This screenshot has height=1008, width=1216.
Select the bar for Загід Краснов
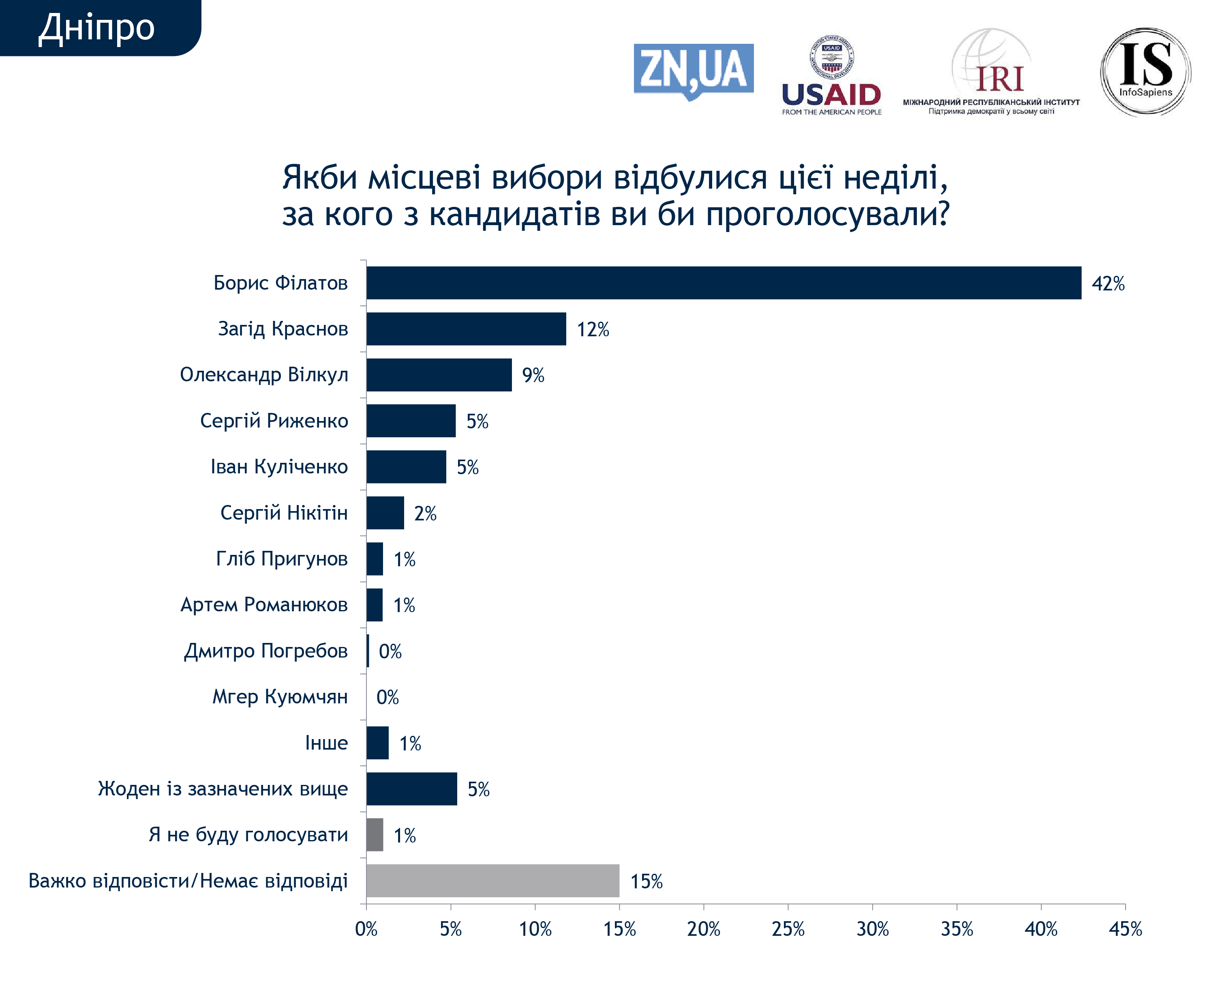tap(466, 329)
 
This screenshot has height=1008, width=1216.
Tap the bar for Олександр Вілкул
tap(439, 375)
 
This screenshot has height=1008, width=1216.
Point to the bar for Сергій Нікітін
tap(385, 513)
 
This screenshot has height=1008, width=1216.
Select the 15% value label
tap(646, 881)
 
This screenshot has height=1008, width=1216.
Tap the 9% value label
tap(533, 375)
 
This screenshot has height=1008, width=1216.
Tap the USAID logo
tap(831, 75)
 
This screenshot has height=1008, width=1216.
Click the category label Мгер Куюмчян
tap(280, 696)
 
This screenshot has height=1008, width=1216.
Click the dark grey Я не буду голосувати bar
tap(375, 835)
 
